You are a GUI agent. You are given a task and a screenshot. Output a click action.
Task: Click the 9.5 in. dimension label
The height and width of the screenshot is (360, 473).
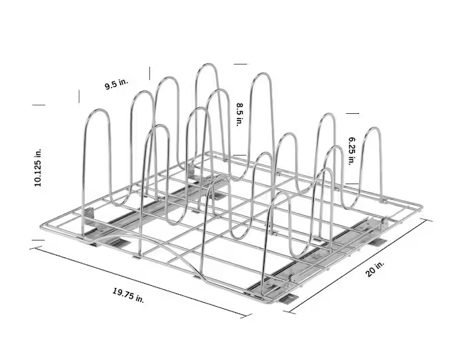tap(117, 84)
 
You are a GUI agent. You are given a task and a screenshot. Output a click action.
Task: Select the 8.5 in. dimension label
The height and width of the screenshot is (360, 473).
tap(240, 115)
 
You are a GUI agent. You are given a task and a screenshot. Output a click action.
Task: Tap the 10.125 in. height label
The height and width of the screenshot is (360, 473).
tap(38, 168)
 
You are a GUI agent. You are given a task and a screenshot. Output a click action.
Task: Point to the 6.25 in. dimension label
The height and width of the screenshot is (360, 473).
tap(352, 151)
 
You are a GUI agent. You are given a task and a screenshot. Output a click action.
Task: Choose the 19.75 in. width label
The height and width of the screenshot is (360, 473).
tap(128, 295)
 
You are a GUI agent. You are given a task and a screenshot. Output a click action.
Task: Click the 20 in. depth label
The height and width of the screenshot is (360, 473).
tap(375, 269)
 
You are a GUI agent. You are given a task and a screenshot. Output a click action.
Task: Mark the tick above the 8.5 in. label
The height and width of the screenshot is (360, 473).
tap(240, 64)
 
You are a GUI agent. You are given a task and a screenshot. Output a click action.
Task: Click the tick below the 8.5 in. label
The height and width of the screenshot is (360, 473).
tap(240, 155)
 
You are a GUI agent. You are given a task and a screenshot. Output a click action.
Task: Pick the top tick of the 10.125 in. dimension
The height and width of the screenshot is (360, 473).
tap(38, 105)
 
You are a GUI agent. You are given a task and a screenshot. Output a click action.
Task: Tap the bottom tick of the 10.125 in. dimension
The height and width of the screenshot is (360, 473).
tap(38, 240)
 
